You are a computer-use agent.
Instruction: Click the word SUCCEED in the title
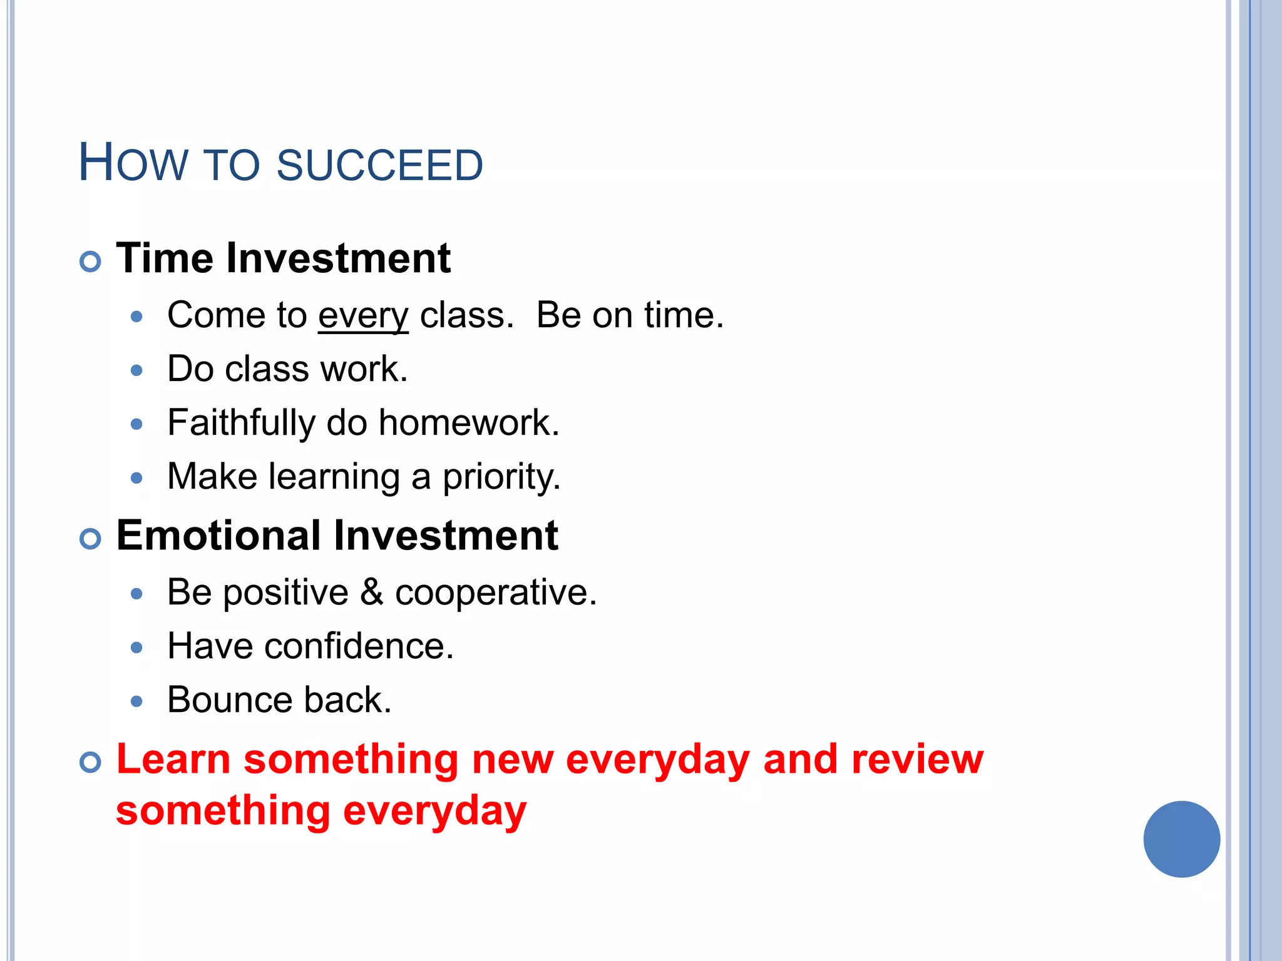click(379, 165)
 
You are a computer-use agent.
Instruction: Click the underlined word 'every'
click(363, 315)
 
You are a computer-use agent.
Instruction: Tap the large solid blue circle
click(1181, 839)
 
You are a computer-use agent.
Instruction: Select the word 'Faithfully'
click(241, 423)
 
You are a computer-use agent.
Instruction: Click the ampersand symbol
click(372, 592)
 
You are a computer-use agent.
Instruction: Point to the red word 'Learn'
click(173, 759)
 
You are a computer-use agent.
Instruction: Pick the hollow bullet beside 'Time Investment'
click(91, 261)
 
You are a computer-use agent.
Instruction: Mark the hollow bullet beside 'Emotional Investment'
click(91, 539)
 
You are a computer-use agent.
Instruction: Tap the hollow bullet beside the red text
click(91, 762)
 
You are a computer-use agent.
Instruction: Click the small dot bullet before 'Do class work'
click(137, 370)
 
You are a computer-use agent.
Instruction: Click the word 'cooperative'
click(495, 592)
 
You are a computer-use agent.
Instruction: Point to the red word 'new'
click(513, 759)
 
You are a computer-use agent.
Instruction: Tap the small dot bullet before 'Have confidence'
click(137, 648)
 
